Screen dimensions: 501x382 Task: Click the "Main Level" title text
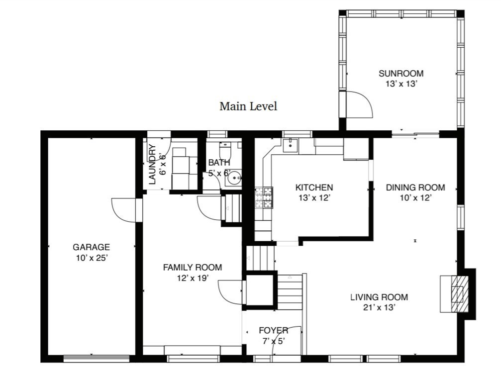[248, 106]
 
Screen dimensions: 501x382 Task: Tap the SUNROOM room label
[401, 74]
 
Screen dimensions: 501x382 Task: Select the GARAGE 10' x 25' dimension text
[91, 258]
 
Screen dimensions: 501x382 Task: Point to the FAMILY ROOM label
[193, 267]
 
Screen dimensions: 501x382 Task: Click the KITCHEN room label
[314, 188]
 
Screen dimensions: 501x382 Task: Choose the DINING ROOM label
[415, 188]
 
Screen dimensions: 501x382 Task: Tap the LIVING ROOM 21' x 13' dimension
[379, 307]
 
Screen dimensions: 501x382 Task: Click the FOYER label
[274, 330]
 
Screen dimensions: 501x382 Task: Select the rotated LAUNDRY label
[153, 165]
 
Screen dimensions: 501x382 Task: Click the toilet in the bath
[225, 150]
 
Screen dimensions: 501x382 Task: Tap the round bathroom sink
[235, 177]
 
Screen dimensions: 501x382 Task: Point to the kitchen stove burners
[264, 197]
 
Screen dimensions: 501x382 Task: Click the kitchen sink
[290, 145]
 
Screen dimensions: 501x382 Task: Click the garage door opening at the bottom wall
[97, 359]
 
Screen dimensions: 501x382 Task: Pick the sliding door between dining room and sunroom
[415, 134]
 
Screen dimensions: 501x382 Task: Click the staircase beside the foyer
[290, 291]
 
